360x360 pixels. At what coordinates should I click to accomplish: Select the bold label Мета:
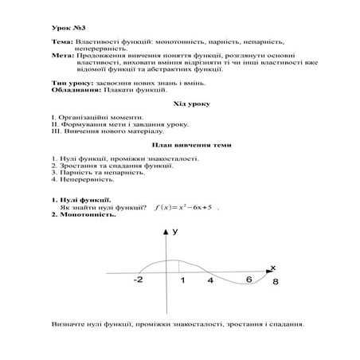click(x=62, y=55)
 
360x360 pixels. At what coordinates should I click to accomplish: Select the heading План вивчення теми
click(x=179, y=146)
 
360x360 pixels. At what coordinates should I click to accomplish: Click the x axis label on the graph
click(x=272, y=266)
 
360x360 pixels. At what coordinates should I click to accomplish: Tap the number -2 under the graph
click(x=139, y=280)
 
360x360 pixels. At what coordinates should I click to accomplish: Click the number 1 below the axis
click(x=182, y=280)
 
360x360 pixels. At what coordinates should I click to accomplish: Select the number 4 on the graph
click(x=210, y=280)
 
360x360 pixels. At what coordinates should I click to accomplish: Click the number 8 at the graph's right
click(x=276, y=282)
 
